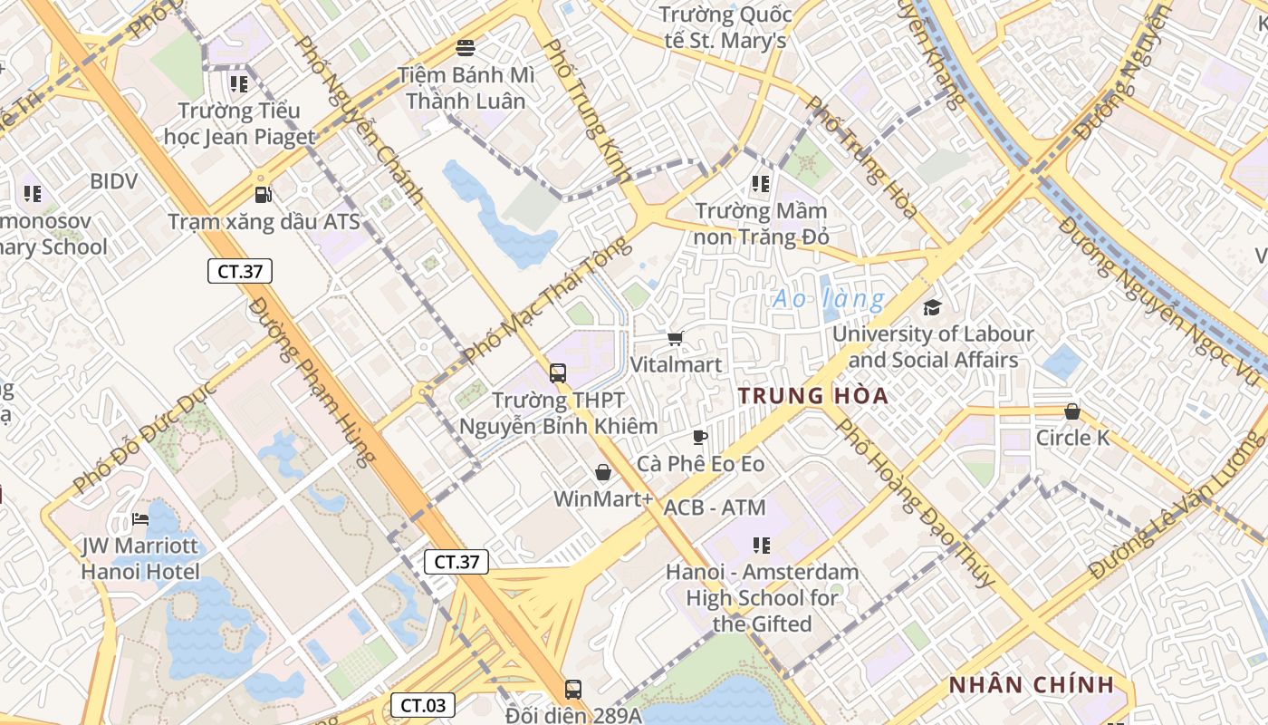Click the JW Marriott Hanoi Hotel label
[x=140, y=559]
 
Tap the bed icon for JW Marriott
[x=140, y=520]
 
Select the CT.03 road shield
[x=422, y=705]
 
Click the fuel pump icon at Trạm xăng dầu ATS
[x=263, y=195]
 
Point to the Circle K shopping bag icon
[x=1072, y=412]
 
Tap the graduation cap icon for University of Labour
[x=932, y=308]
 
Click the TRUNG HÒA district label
[x=812, y=396]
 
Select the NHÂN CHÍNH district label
[x=1031, y=685]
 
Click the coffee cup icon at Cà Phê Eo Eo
[x=700, y=438]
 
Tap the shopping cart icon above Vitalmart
[x=675, y=339]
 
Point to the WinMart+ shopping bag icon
[x=603, y=472]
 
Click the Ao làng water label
[x=828, y=299]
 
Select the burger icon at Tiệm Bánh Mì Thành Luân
[x=466, y=47]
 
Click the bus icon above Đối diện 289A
[x=573, y=689]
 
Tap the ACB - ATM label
[x=715, y=507]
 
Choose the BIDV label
[x=113, y=181]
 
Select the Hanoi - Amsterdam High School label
[x=761, y=598]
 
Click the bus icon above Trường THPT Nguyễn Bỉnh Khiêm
[x=558, y=372]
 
